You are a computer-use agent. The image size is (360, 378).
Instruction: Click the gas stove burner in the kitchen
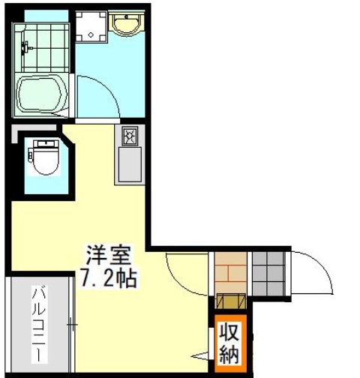pyautogui.click(x=128, y=136)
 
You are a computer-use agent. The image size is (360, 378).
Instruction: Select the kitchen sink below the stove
pyautogui.click(x=128, y=164)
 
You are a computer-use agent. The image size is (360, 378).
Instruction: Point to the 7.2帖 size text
pyautogui.click(x=107, y=280)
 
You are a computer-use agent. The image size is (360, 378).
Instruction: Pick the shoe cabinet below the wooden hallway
pyautogui.click(x=229, y=301)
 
